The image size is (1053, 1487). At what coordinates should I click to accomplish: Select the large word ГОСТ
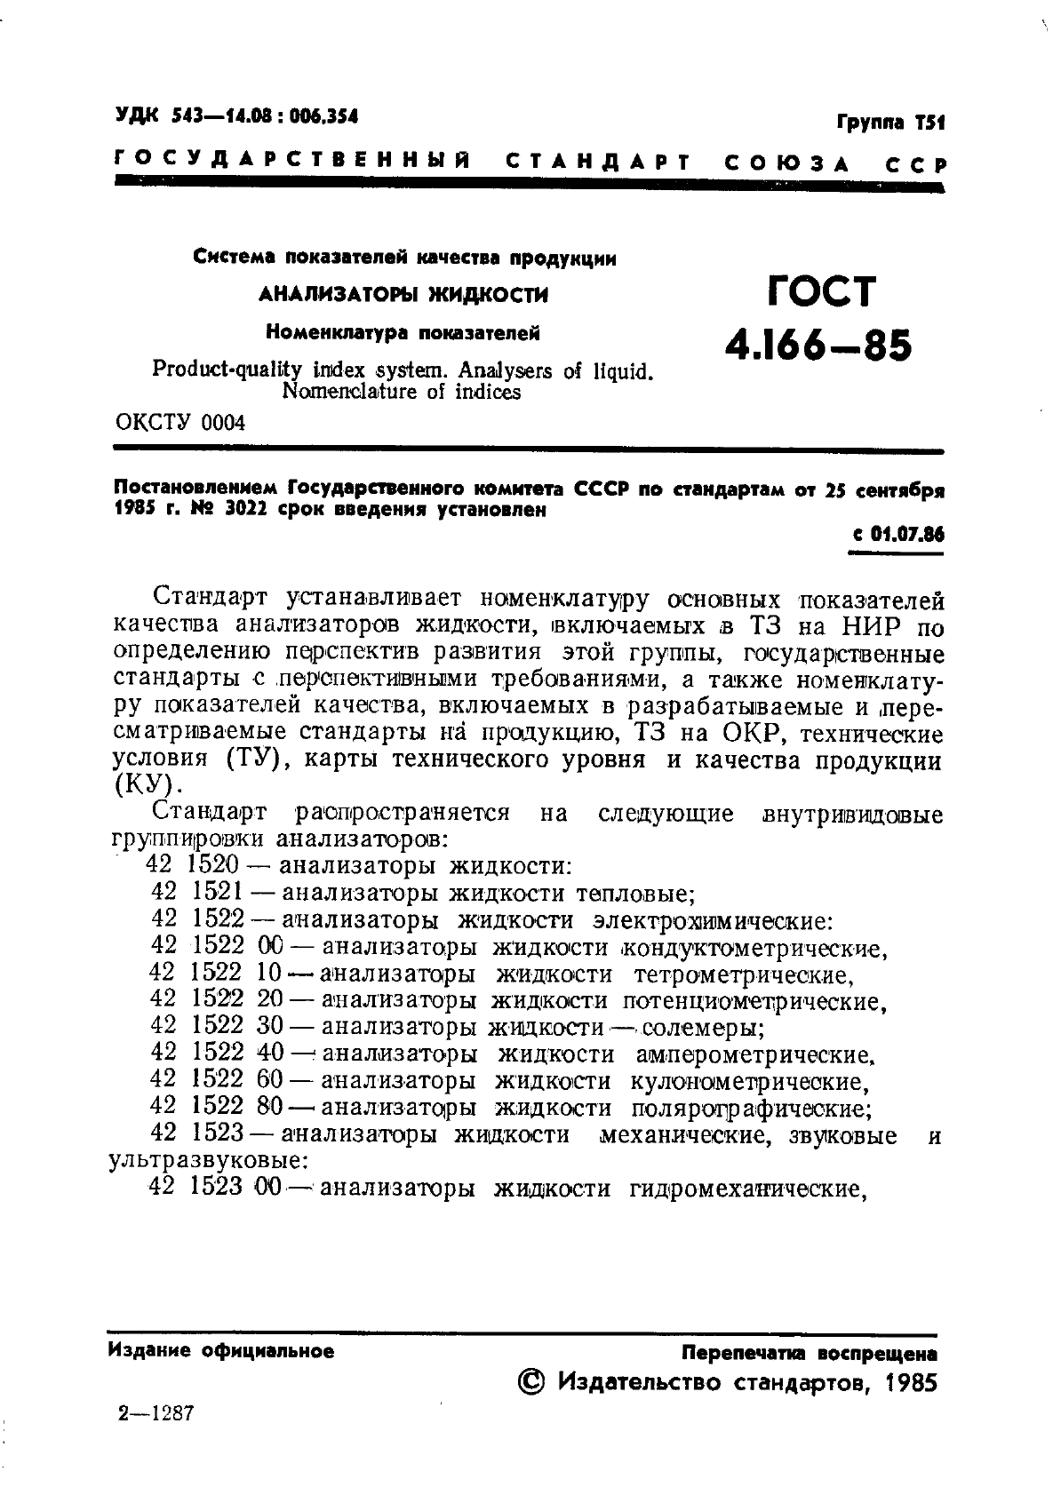[x=820, y=292]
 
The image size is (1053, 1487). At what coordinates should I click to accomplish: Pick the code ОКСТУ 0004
[x=180, y=423]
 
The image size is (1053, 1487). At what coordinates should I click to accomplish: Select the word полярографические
[x=749, y=1109]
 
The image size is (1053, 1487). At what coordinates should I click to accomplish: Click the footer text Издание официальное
[x=221, y=1351]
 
